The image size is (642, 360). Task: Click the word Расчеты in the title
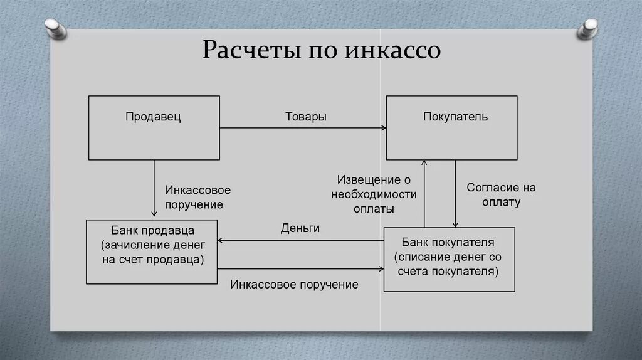248,50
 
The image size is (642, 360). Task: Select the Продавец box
154,127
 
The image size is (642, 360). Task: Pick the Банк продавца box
153,251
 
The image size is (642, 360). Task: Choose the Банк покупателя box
450,259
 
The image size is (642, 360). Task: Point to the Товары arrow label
306,117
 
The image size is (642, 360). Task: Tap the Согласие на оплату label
501,195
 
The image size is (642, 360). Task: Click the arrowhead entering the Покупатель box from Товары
382,128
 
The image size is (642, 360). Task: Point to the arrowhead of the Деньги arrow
221,241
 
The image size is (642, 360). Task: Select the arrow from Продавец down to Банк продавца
154,188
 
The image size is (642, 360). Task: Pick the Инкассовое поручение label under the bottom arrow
294,285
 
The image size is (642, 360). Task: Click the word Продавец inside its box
153,117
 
